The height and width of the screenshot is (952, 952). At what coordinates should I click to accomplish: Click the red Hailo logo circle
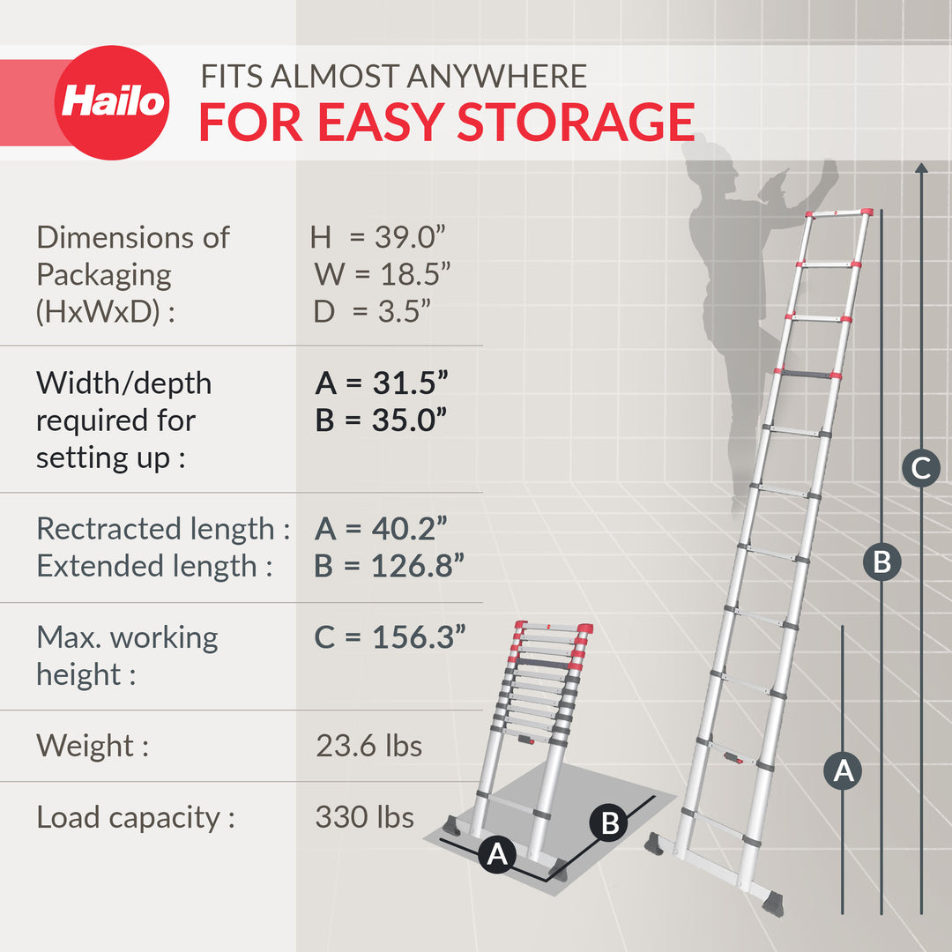[x=112, y=102]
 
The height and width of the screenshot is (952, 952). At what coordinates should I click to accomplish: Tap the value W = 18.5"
[x=383, y=274]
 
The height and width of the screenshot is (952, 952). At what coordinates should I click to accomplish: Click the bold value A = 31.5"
[x=382, y=383]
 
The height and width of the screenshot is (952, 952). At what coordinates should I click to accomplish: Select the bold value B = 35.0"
[x=382, y=420]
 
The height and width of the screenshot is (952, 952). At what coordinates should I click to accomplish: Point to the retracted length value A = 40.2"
[x=381, y=529]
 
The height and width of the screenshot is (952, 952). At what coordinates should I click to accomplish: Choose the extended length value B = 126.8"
[x=390, y=566]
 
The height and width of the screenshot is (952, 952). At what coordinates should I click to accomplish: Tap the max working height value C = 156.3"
[x=390, y=637]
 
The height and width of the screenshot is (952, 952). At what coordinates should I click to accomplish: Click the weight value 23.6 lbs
[x=368, y=746]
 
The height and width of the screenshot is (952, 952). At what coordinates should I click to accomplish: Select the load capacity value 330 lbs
[x=364, y=817]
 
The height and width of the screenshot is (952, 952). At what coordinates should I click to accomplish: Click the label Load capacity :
[x=136, y=817]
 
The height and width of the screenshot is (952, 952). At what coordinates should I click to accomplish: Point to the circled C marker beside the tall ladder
[x=920, y=467]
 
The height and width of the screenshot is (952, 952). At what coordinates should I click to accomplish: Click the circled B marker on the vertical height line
[x=881, y=561]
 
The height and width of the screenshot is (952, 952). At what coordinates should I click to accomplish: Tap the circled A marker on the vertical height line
[x=844, y=771]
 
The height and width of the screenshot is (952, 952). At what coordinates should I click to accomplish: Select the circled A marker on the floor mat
[x=497, y=854]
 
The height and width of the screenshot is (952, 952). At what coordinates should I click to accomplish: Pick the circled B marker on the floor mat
[x=608, y=824]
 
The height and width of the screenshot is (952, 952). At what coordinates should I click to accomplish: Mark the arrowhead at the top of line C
[x=921, y=166]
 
